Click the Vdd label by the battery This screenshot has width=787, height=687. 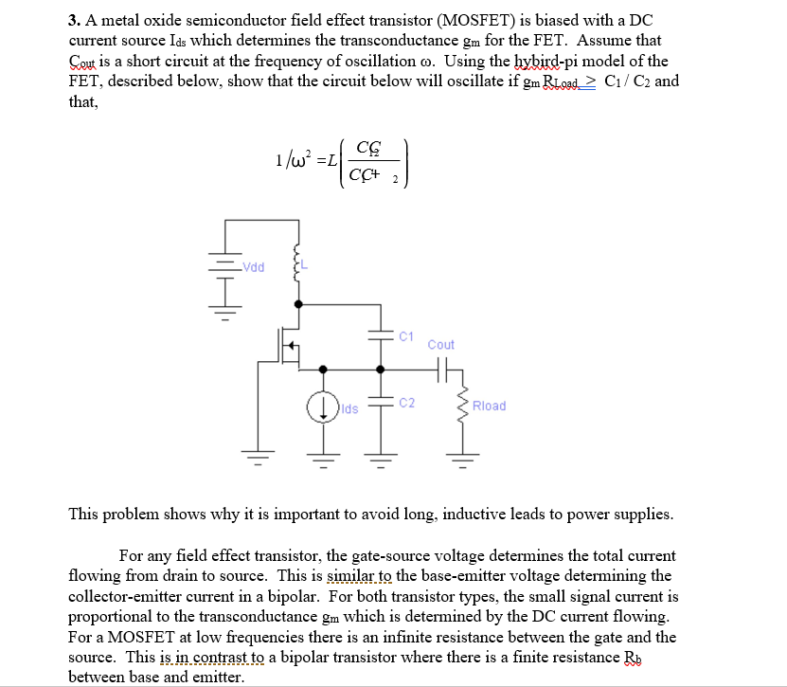click(254, 266)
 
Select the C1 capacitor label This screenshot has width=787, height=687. click(406, 335)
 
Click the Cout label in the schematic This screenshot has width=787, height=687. click(440, 345)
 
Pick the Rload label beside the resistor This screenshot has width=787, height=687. click(489, 406)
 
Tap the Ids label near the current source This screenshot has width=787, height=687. click(350, 408)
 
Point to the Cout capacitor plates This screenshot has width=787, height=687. click(440, 371)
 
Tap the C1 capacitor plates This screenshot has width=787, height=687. click(382, 335)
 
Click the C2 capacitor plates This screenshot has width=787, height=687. click(382, 403)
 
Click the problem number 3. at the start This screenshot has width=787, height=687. click(75, 20)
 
